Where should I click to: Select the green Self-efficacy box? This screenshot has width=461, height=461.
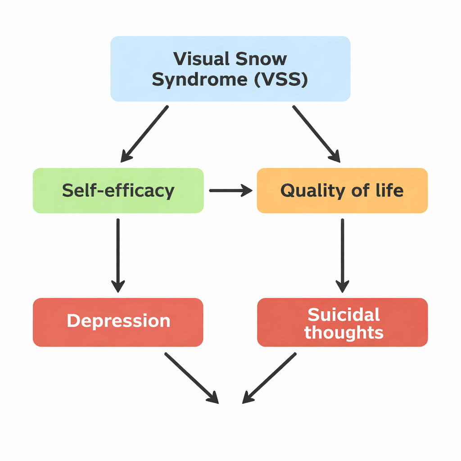coord(118,190)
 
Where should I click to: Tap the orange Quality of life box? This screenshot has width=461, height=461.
coord(342,190)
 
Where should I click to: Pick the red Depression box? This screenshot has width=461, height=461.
coord(118,322)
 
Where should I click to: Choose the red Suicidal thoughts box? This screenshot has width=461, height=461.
coord(342,322)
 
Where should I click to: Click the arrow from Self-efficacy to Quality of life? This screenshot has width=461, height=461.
coord(230,191)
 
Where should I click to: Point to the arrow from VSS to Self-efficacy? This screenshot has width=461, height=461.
coord(145,134)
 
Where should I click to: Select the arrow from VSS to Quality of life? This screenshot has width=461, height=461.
coord(316,134)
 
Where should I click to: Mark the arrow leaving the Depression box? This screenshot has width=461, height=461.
coord(191,377)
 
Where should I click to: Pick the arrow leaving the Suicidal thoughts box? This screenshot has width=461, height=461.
coord(269,377)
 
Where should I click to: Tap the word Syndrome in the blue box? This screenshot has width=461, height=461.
coord(199,80)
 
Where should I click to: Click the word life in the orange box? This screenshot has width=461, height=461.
coord(390,190)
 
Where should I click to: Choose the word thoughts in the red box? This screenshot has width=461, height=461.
coord(343,333)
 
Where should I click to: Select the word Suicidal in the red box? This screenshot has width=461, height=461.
coord(343,314)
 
